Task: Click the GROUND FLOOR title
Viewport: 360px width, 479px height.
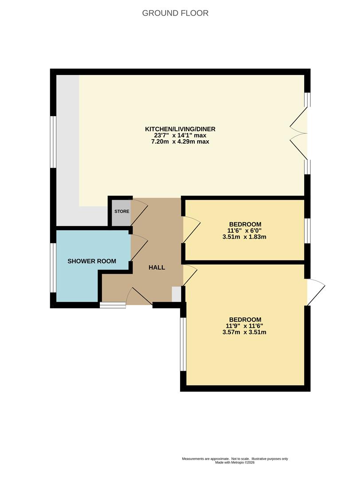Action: click(x=175, y=13)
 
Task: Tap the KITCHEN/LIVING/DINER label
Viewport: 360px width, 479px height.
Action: click(x=180, y=129)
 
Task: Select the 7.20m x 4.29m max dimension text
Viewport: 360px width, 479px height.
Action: click(x=180, y=142)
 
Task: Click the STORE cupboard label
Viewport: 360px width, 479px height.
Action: click(x=122, y=212)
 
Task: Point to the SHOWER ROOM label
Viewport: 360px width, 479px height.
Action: click(x=92, y=261)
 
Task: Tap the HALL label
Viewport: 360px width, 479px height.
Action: click(x=157, y=267)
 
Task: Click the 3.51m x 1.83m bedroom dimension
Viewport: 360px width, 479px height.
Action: click(x=244, y=237)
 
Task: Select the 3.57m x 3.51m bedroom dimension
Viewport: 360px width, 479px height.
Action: click(x=244, y=332)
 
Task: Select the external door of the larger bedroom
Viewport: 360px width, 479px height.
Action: click(x=315, y=292)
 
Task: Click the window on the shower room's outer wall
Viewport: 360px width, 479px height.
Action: click(x=53, y=267)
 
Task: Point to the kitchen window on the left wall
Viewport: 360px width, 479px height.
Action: click(x=53, y=142)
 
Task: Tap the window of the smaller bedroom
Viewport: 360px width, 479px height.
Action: click(x=308, y=231)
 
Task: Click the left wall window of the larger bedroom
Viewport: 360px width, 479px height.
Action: click(x=183, y=344)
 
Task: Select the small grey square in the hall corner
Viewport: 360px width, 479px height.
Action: click(x=176, y=294)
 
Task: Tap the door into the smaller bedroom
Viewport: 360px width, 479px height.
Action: click(x=192, y=230)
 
